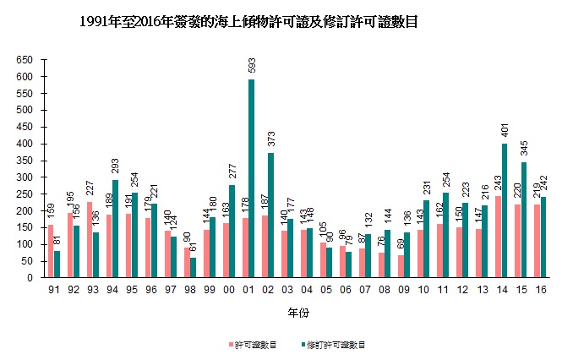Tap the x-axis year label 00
(x=228, y=290)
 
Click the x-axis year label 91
(x=53, y=290)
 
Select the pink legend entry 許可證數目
(x=254, y=345)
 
